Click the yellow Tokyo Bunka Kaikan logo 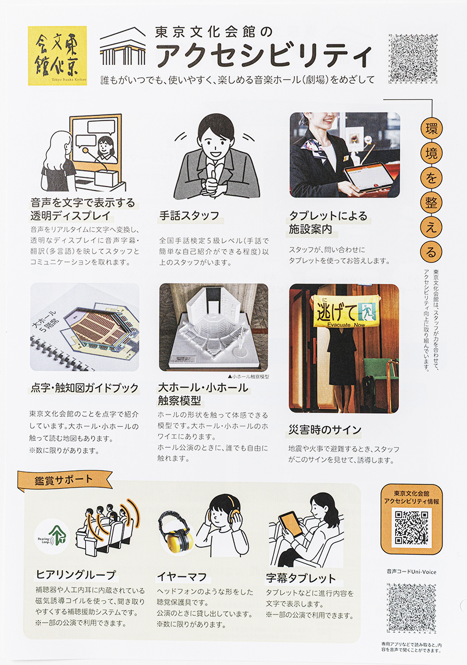coord(57,55)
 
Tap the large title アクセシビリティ coord(266,57)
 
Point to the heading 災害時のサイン coord(325,430)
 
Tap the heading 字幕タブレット coord(301,578)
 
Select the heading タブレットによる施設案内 coord(328,222)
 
